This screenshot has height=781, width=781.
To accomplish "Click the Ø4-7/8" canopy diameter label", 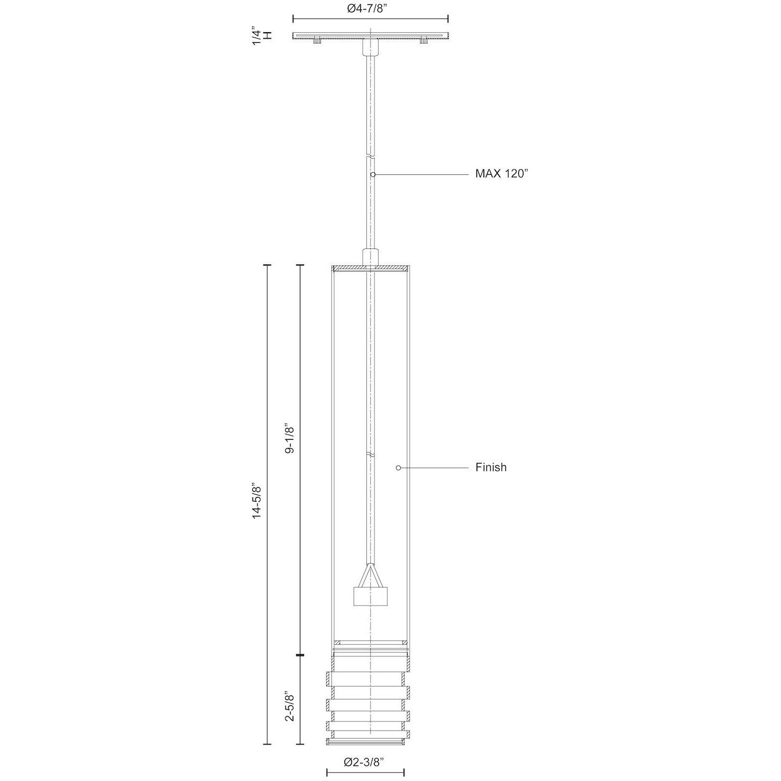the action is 370,10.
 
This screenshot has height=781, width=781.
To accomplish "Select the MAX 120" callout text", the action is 502,174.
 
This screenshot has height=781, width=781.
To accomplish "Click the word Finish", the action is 491,467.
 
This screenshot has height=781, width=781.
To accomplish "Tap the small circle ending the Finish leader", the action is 399,468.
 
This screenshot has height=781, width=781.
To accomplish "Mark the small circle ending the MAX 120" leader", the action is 373,174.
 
